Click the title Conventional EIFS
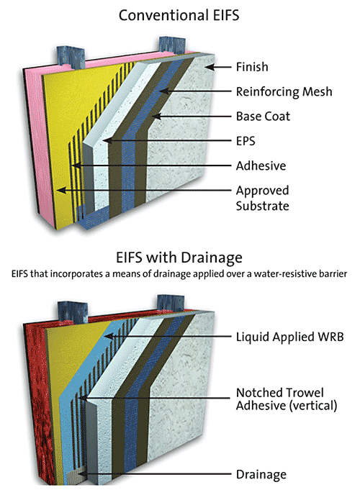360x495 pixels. click(180, 14)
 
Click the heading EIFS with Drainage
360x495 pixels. click(180, 257)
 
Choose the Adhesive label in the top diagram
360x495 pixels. click(261, 165)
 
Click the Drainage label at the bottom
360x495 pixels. click(261, 474)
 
